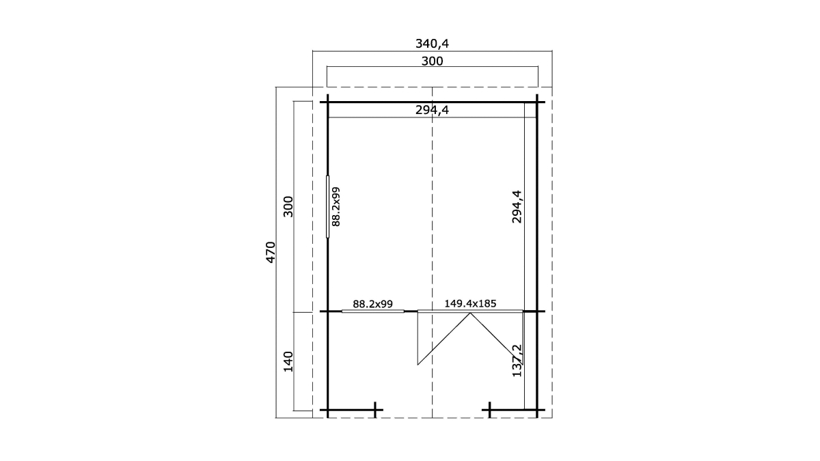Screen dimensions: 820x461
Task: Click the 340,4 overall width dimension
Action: pos(432,44)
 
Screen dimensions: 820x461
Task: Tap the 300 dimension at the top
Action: pos(432,61)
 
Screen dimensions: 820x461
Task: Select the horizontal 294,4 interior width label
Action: pos(432,110)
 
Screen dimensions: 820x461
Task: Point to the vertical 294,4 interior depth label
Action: pos(517,207)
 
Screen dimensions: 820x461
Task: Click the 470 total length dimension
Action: pos(270,252)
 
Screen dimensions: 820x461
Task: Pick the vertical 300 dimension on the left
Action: pos(288,207)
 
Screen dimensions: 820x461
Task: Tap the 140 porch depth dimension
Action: pos(288,361)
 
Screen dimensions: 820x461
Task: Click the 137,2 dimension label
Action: pos(517,361)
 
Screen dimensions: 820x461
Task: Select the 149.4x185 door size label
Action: pos(470,303)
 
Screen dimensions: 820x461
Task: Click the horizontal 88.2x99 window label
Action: pos(372,304)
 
